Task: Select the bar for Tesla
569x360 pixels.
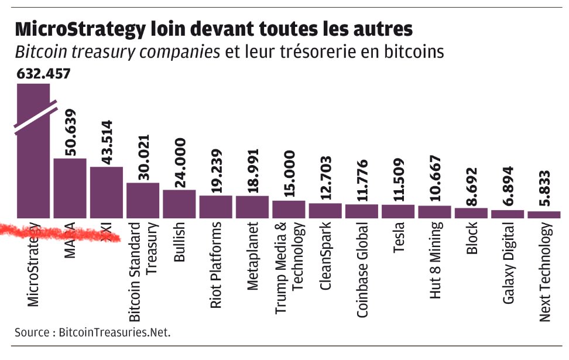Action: tap(398, 211)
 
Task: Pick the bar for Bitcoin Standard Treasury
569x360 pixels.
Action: tap(143, 200)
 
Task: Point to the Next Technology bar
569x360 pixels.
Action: tap(544, 215)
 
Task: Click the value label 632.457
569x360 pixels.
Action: tap(43, 74)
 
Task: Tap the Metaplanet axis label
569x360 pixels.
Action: tap(252, 256)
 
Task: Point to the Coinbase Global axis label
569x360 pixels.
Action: tap(362, 270)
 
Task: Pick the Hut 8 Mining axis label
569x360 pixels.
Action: tap(434, 260)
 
